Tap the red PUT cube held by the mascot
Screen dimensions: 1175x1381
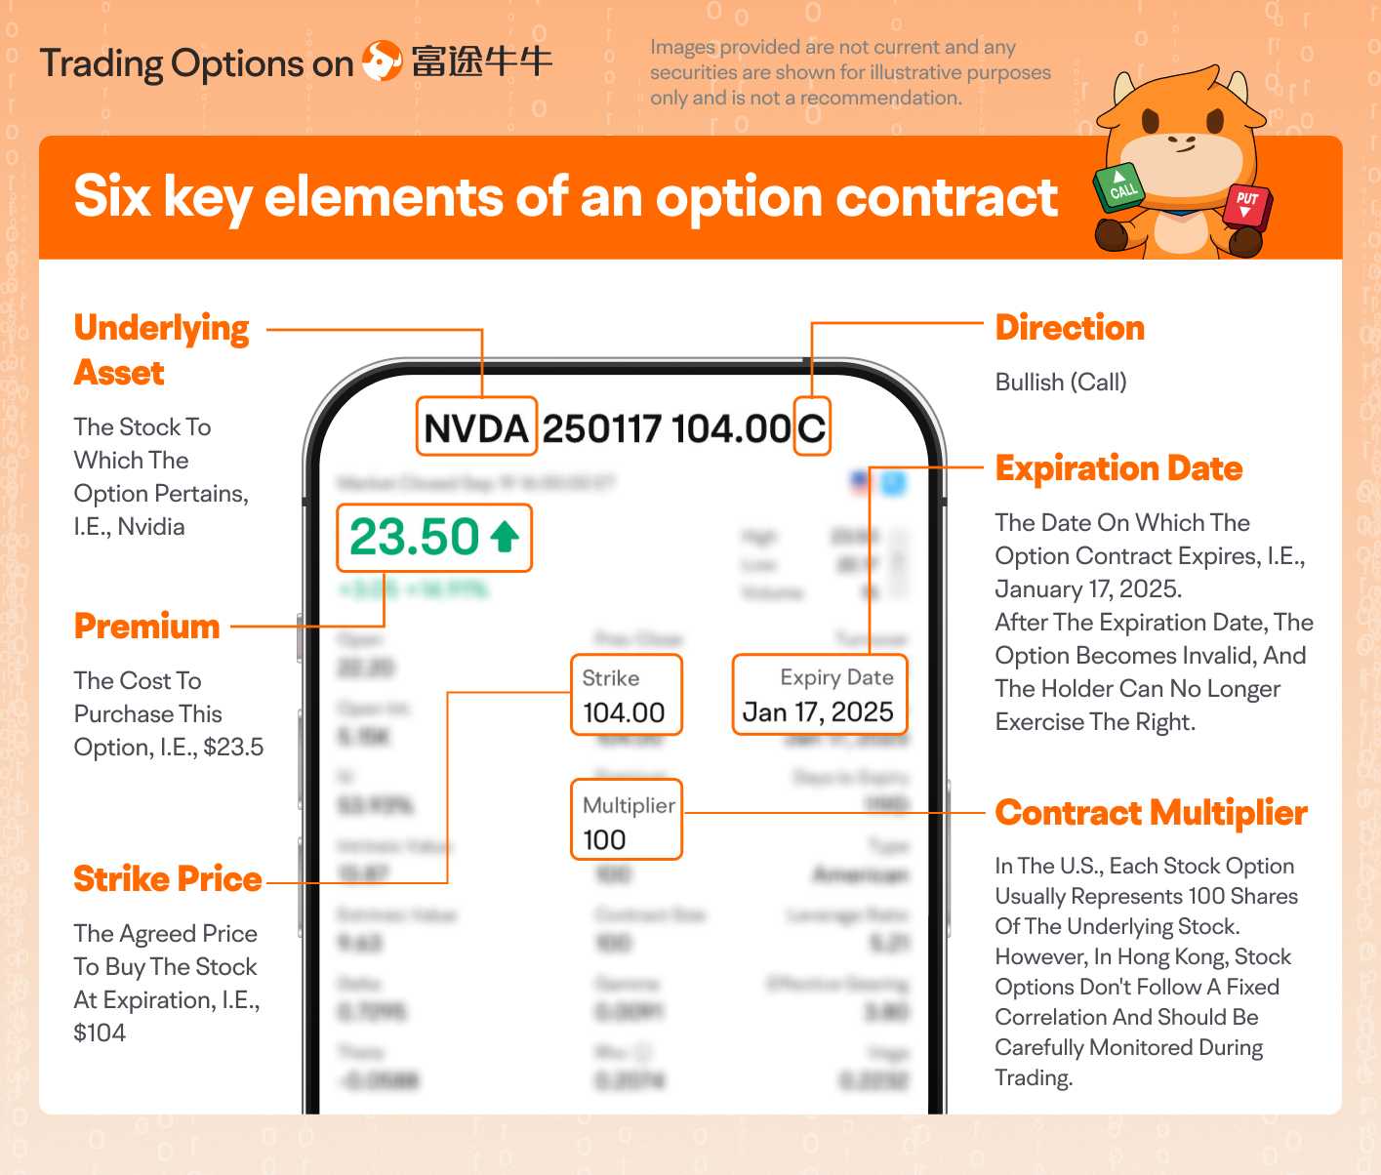[x=1247, y=203]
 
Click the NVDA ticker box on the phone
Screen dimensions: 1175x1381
[x=476, y=426]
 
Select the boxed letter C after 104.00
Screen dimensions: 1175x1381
[x=811, y=426]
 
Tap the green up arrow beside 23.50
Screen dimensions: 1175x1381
[x=505, y=536]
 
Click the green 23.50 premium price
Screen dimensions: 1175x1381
[x=415, y=537]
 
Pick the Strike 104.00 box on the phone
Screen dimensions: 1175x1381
[x=626, y=695]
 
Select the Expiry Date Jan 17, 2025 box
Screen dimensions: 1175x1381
[x=820, y=695]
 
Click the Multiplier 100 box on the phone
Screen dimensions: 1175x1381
[x=626, y=820]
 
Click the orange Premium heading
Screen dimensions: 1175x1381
[x=147, y=627]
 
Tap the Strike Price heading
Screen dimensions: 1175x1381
[x=168, y=879]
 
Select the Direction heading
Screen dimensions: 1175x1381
[x=1070, y=328]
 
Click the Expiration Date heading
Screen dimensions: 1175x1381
[x=1118, y=468]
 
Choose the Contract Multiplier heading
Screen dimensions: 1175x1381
[x=1151, y=813]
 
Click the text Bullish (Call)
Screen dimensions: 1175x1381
[x=1061, y=383]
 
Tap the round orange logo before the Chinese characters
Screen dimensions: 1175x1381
[x=382, y=61]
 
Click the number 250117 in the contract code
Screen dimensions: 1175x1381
[x=601, y=428]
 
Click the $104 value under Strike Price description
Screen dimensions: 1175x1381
[x=100, y=1033]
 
